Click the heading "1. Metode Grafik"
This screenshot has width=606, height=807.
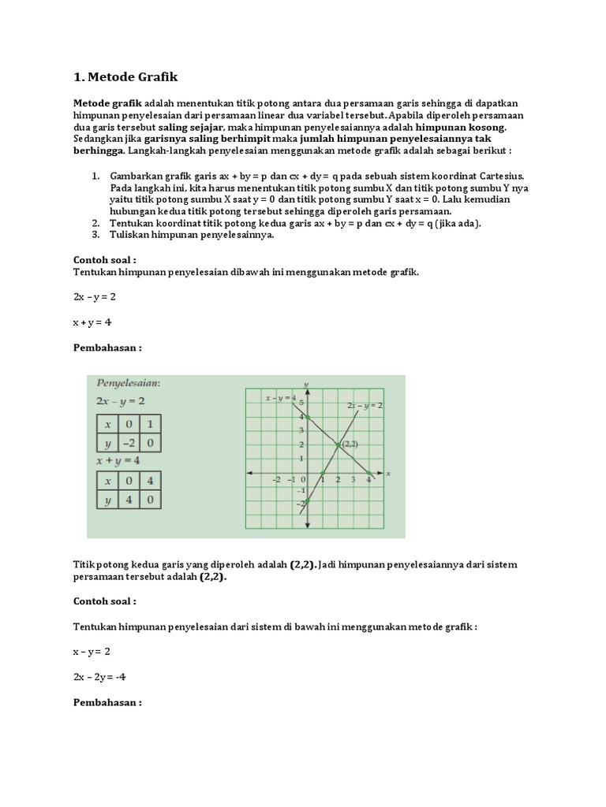point(126,76)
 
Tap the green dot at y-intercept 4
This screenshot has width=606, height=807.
point(307,417)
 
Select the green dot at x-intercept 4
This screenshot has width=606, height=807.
point(368,473)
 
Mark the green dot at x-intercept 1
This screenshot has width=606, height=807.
point(322,473)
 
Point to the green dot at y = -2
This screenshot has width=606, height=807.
point(307,501)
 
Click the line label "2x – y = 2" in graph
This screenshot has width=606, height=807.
point(365,405)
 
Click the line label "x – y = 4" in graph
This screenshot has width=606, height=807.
point(281,398)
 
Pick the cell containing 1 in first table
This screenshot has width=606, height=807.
point(151,425)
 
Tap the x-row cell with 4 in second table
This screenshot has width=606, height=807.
point(151,481)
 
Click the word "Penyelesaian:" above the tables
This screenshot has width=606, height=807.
point(129,382)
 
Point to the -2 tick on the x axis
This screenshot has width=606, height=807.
point(277,479)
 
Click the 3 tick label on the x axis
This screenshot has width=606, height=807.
point(353,479)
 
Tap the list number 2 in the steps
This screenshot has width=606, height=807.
point(95,223)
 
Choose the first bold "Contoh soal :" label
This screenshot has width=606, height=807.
point(105,258)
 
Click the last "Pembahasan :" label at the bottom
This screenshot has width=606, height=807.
point(107,701)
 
